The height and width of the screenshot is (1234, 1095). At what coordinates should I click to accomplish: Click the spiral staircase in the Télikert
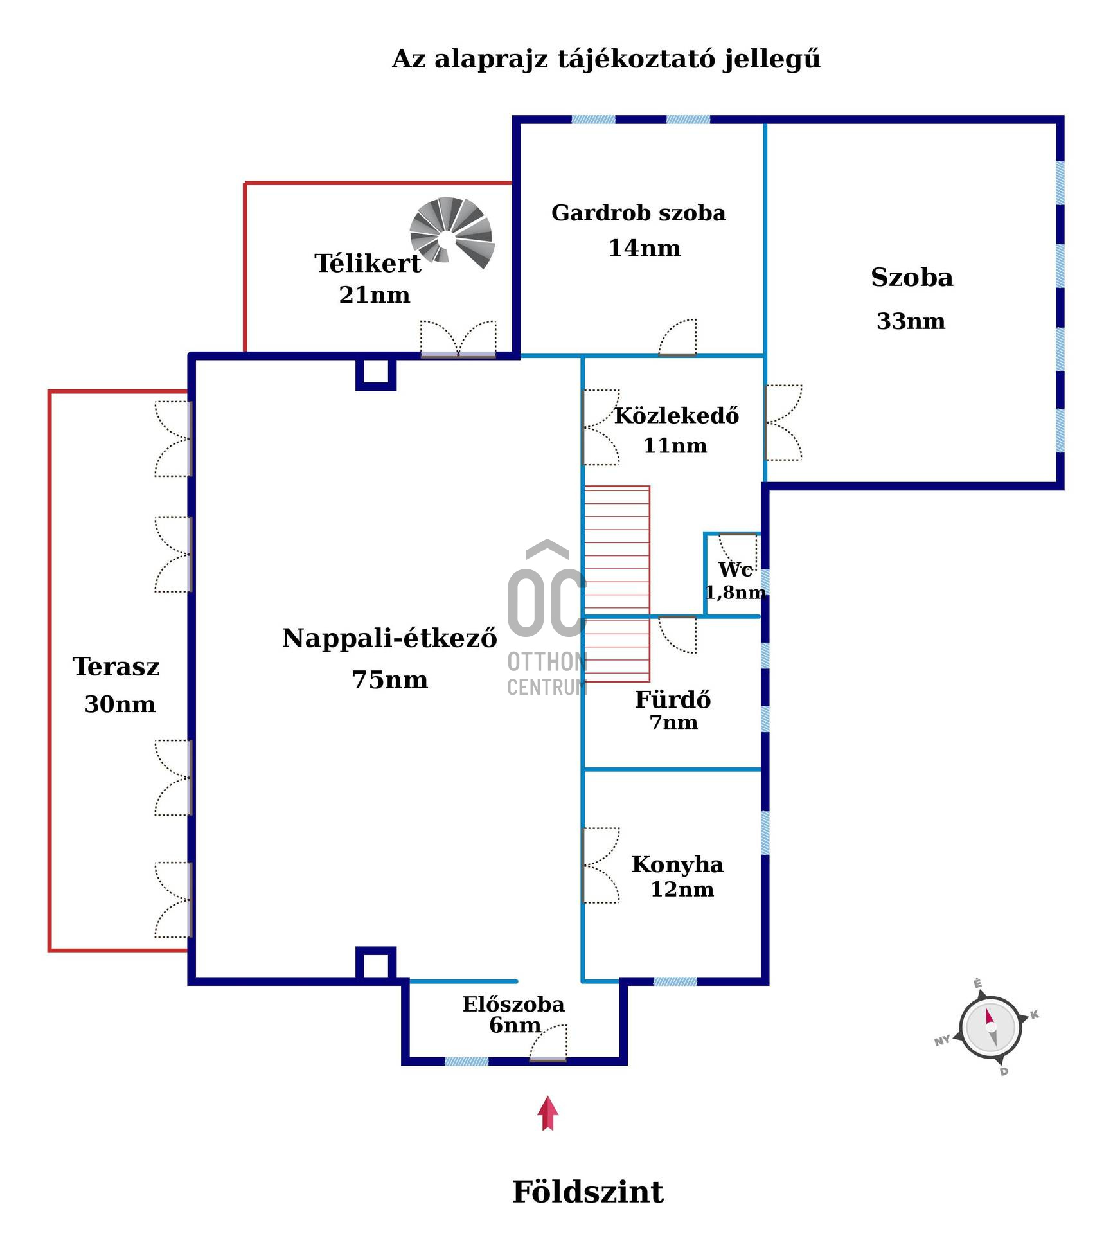pyautogui.click(x=452, y=233)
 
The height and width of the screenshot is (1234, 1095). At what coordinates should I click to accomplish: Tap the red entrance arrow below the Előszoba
pyautogui.click(x=547, y=1114)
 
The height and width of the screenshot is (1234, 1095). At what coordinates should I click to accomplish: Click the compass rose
pyautogui.click(x=990, y=1027)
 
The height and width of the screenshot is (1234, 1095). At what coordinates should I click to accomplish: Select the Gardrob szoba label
pyautogui.click(x=638, y=213)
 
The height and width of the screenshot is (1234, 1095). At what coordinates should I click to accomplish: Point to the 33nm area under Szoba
pyautogui.click(x=911, y=321)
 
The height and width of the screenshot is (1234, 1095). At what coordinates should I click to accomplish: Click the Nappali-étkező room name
pyautogui.click(x=389, y=638)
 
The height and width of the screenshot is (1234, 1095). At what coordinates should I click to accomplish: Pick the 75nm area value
pyautogui.click(x=389, y=680)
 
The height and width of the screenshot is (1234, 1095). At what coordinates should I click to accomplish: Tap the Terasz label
pyautogui.click(x=116, y=666)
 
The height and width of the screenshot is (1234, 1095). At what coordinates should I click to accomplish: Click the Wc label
pyautogui.click(x=735, y=569)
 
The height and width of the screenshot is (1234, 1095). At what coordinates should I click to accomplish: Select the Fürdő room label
pyautogui.click(x=673, y=699)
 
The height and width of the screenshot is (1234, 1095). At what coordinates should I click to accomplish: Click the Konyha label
pyautogui.click(x=677, y=864)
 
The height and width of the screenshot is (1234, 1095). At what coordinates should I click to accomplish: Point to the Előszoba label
pyautogui.click(x=513, y=1005)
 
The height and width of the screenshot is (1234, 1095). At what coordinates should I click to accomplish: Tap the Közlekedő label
pyautogui.click(x=677, y=416)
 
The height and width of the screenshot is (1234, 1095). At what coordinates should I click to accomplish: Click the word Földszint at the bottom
pyautogui.click(x=587, y=1192)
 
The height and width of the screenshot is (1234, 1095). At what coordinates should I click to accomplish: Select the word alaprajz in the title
pyautogui.click(x=491, y=59)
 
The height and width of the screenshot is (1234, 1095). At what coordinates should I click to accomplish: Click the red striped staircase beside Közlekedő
pyautogui.click(x=617, y=584)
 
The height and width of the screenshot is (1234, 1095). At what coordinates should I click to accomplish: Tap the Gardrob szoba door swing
pyautogui.click(x=677, y=337)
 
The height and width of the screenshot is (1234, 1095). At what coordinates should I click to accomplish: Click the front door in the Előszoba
pyautogui.click(x=548, y=1044)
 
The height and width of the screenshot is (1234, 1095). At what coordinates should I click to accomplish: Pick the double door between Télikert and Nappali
pyautogui.click(x=458, y=338)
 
